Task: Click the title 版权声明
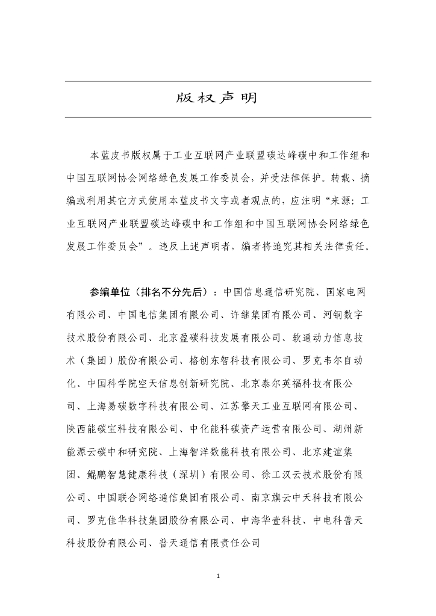218,98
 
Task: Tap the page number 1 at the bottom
218,577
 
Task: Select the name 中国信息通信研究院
269,292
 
